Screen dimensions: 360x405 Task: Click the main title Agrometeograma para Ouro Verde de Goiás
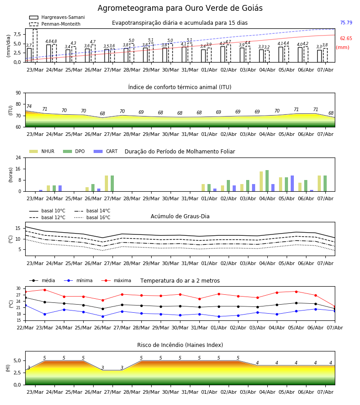180,8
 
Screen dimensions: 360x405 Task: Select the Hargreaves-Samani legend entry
57,17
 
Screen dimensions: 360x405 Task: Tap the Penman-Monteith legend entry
55,24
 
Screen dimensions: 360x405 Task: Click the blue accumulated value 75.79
346,22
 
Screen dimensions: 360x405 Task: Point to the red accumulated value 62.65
346,39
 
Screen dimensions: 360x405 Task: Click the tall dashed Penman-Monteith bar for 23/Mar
35,46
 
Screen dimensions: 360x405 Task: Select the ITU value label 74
29,106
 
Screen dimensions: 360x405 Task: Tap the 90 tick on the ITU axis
18,93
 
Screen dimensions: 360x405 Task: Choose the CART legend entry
106,151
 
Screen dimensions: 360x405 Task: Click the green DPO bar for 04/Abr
267,181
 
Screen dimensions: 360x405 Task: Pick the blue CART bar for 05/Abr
292,184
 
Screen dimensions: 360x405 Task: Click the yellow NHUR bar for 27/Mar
106,184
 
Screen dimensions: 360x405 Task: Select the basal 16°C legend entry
92,217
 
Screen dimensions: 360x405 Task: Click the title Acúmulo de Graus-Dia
180,216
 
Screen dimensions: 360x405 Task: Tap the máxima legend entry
116,280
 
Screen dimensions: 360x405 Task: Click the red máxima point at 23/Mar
45,290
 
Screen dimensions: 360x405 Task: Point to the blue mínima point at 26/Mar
103,316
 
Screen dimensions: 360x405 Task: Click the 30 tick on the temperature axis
18,288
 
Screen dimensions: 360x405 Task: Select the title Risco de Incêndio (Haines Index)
180,345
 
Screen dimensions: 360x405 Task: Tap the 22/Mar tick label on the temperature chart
25,328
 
